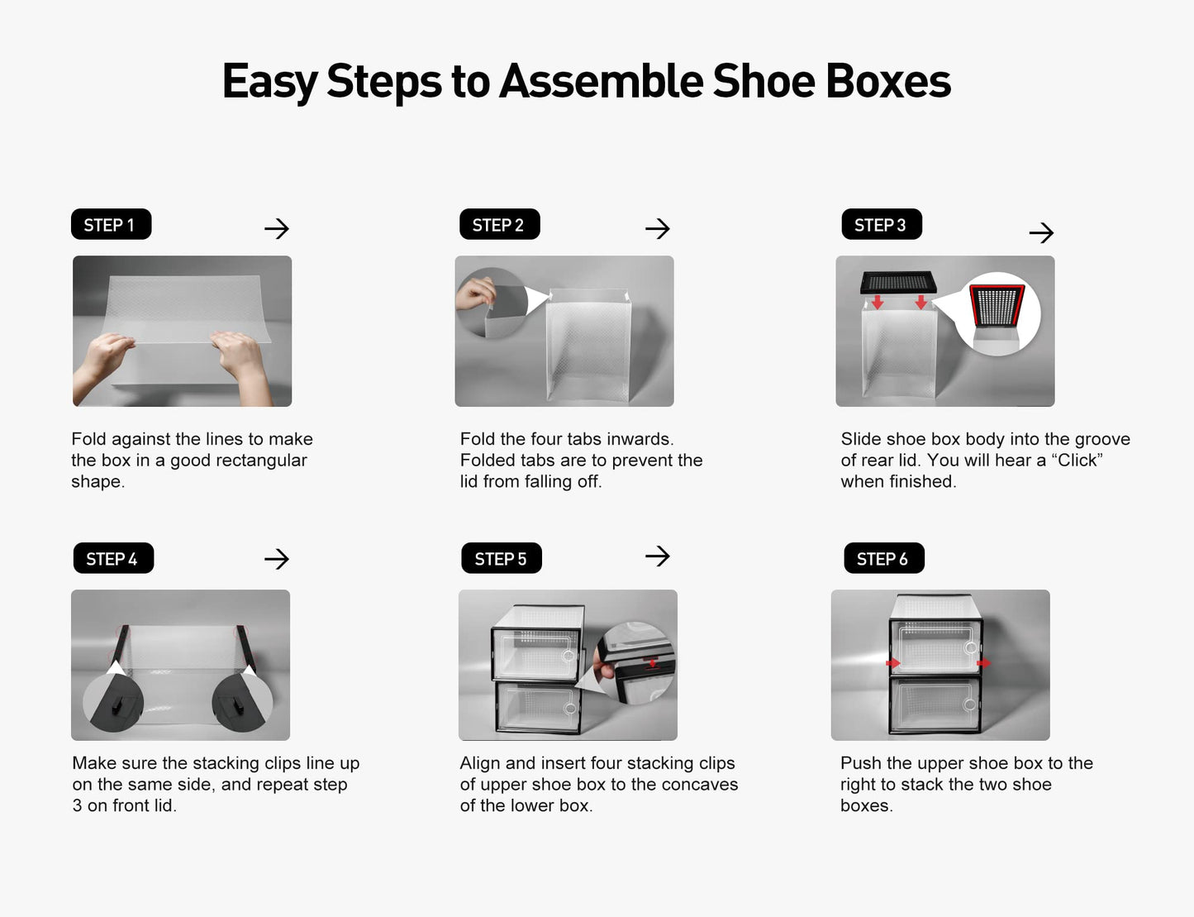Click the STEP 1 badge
click(x=111, y=224)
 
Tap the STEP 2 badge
click(x=499, y=224)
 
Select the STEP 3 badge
click(x=881, y=224)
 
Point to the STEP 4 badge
click(x=113, y=558)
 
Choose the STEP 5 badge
click(x=501, y=558)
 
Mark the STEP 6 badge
click(x=883, y=558)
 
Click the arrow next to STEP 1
click(x=277, y=228)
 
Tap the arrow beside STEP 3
click(x=1041, y=233)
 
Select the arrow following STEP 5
click(x=657, y=556)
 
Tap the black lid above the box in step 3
click(x=898, y=282)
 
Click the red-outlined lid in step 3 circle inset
click(x=997, y=306)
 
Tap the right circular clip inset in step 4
click(x=241, y=702)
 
